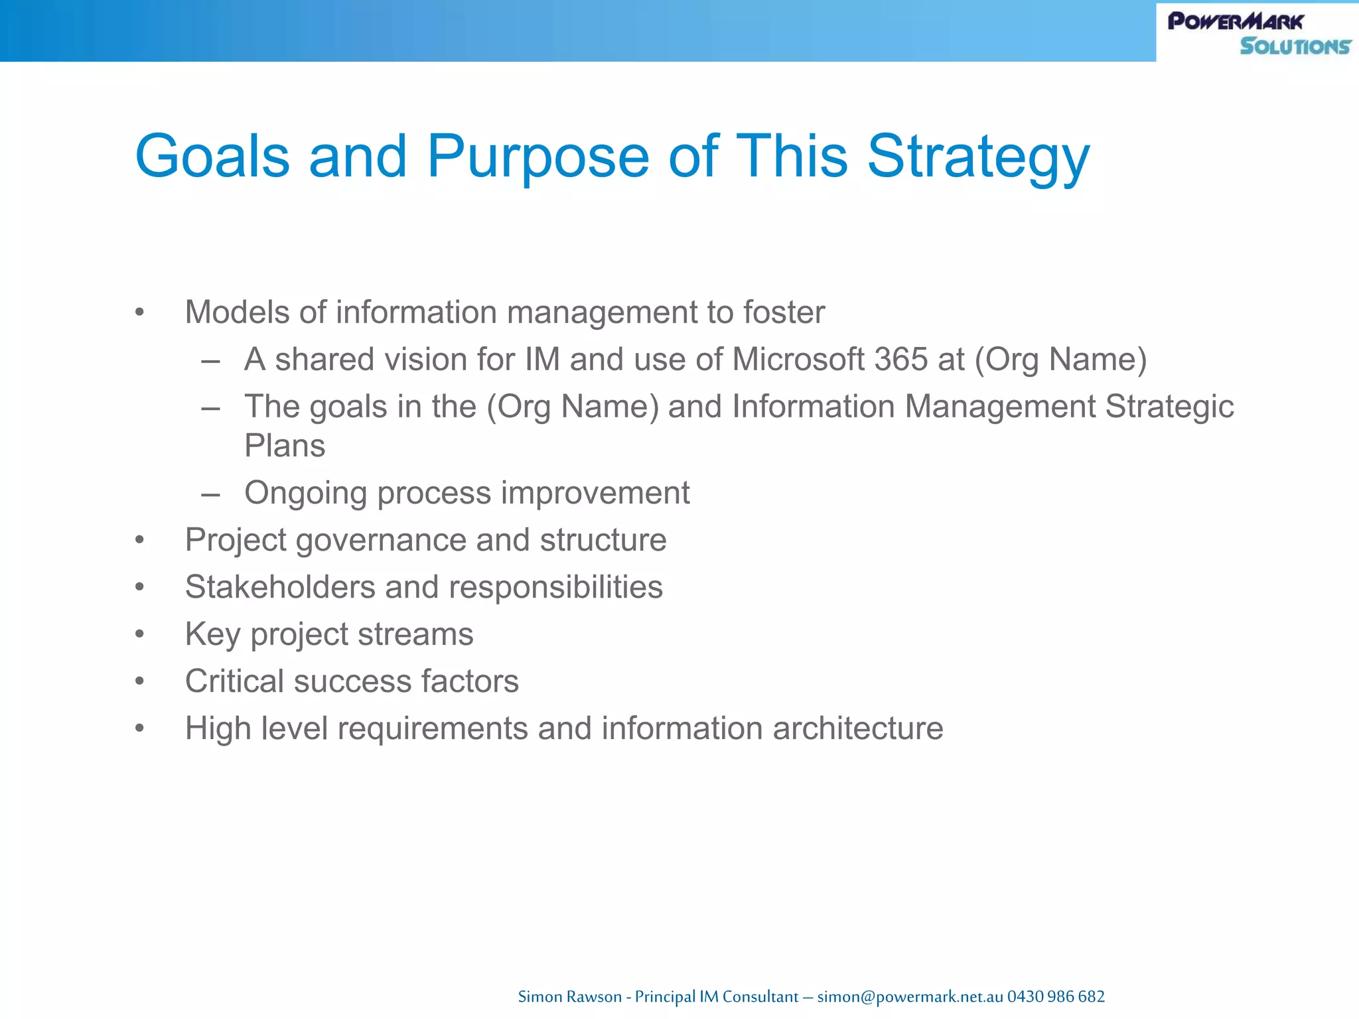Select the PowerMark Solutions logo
click(x=1258, y=33)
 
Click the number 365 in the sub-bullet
click(x=900, y=360)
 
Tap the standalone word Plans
click(x=285, y=446)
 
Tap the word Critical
click(x=234, y=681)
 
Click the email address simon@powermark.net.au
click(x=910, y=996)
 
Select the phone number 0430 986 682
click(x=1056, y=996)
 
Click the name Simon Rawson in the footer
click(x=569, y=996)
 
